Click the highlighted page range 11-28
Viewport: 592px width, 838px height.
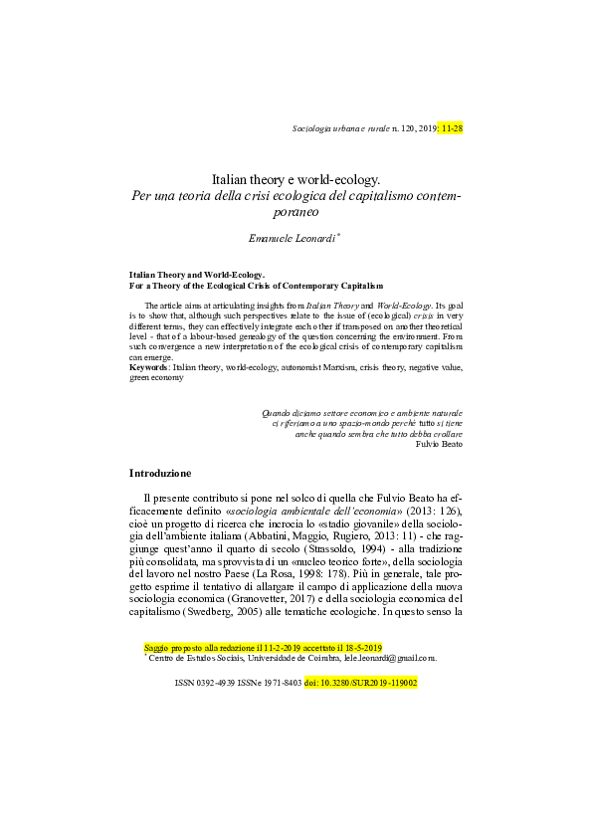point(452,128)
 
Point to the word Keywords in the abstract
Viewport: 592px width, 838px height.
point(149,367)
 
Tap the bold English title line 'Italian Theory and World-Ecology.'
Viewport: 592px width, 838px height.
point(196,273)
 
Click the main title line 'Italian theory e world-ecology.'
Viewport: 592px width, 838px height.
point(296,180)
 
